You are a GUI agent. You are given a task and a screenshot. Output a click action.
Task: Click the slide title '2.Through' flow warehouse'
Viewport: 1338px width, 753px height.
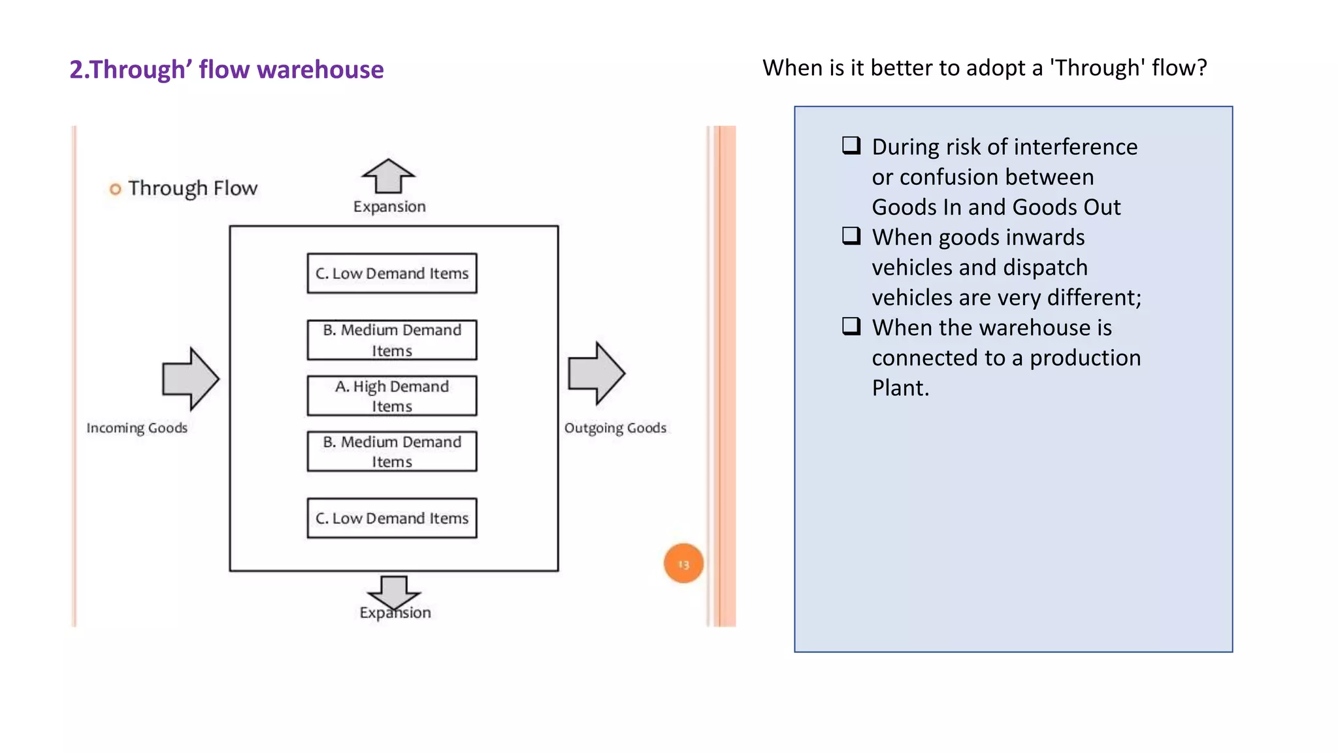226,69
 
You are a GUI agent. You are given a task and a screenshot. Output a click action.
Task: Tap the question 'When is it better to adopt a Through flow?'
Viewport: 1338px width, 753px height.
985,67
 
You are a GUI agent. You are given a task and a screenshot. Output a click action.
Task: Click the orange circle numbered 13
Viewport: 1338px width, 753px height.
683,563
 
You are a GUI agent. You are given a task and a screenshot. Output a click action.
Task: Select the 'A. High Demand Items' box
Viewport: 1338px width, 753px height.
392,395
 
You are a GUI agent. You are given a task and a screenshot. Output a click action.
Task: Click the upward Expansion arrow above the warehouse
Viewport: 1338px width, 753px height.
389,176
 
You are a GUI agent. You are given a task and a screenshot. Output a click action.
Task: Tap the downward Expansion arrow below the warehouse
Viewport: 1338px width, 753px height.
394,590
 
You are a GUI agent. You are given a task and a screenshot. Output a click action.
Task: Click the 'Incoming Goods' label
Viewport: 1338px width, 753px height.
137,427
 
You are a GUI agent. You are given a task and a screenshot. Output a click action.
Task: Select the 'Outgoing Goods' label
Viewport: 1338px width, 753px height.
615,427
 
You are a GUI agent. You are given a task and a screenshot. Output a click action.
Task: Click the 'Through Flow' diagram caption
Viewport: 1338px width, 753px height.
193,188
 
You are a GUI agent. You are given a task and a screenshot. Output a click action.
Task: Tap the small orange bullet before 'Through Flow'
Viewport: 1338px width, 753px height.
115,190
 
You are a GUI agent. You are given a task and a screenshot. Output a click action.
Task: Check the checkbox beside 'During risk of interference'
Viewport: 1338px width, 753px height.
851,145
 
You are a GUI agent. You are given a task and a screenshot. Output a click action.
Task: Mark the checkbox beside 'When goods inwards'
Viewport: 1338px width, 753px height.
851,235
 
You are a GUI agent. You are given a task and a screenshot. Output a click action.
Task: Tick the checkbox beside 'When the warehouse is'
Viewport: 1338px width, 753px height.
851,326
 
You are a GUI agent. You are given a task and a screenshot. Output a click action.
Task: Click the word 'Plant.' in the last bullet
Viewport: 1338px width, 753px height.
900,388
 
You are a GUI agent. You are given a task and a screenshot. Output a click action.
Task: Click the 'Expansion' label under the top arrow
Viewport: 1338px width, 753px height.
389,207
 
